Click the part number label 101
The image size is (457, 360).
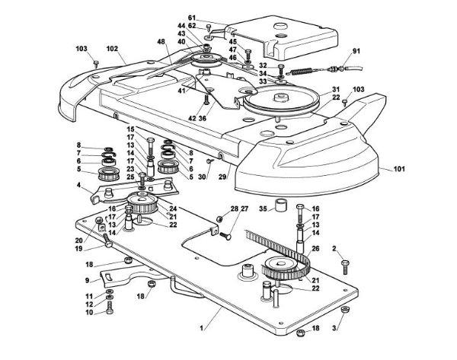[399, 169]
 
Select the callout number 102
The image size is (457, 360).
[112, 49]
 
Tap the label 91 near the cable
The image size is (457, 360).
[356, 51]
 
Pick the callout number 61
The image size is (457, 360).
[192, 18]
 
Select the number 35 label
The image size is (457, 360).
[264, 209]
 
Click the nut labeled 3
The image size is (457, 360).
[345, 310]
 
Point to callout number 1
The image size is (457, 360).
[201, 328]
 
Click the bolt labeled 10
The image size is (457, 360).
[110, 307]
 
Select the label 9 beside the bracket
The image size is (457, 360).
[87, 281]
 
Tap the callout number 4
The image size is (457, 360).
[78, 185]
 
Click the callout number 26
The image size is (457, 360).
[315, 248]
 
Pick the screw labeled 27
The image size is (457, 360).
[225, 235]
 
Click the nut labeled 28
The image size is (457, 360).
[221, 218]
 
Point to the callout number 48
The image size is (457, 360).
[161, 41]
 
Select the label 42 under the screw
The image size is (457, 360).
[192, 119]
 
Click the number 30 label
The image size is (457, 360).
[202, 177]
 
